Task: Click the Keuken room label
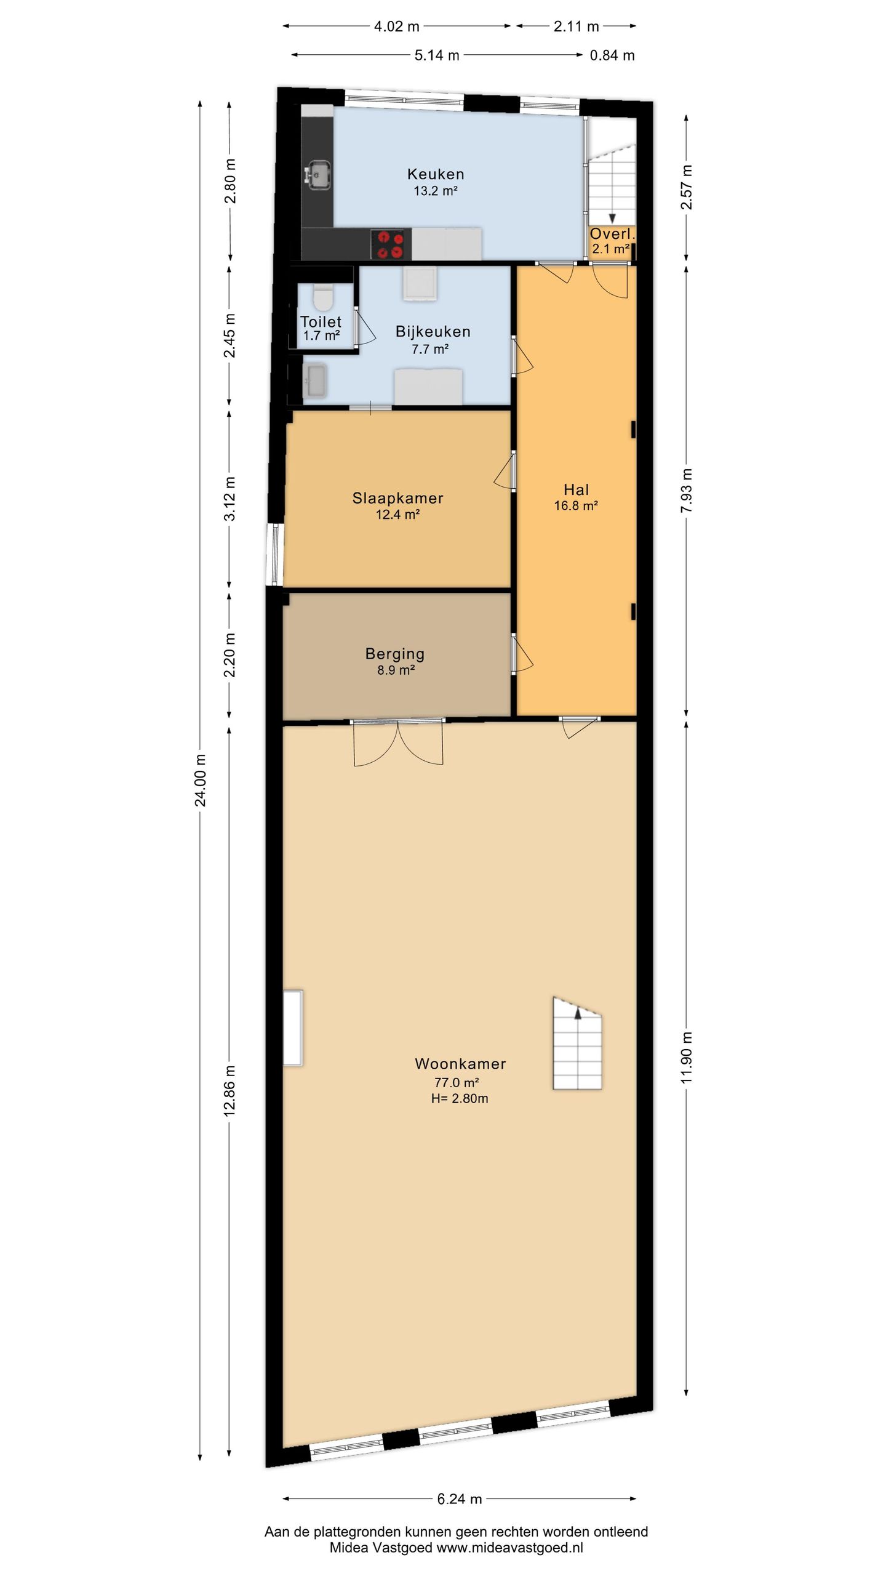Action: point(436,174)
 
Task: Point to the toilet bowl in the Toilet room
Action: point(322,298)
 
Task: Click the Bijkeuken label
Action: point(433,332)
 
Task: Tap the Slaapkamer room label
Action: point(397,498)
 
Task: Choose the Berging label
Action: point(395,654)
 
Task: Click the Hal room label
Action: point(577,489)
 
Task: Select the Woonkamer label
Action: point(460,1063)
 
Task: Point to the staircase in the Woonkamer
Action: point(577,1043)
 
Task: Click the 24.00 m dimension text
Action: point(200,779)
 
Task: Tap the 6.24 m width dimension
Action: point(460,1499)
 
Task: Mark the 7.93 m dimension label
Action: point(687,491)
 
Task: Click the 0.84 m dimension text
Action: point(612,55)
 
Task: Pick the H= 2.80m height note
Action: point(460,1098)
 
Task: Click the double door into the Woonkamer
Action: point(398,742)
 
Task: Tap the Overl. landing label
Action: point(612,234)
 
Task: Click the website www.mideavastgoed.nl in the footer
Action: point(509,1548)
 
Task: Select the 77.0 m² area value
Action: point(457,1082)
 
